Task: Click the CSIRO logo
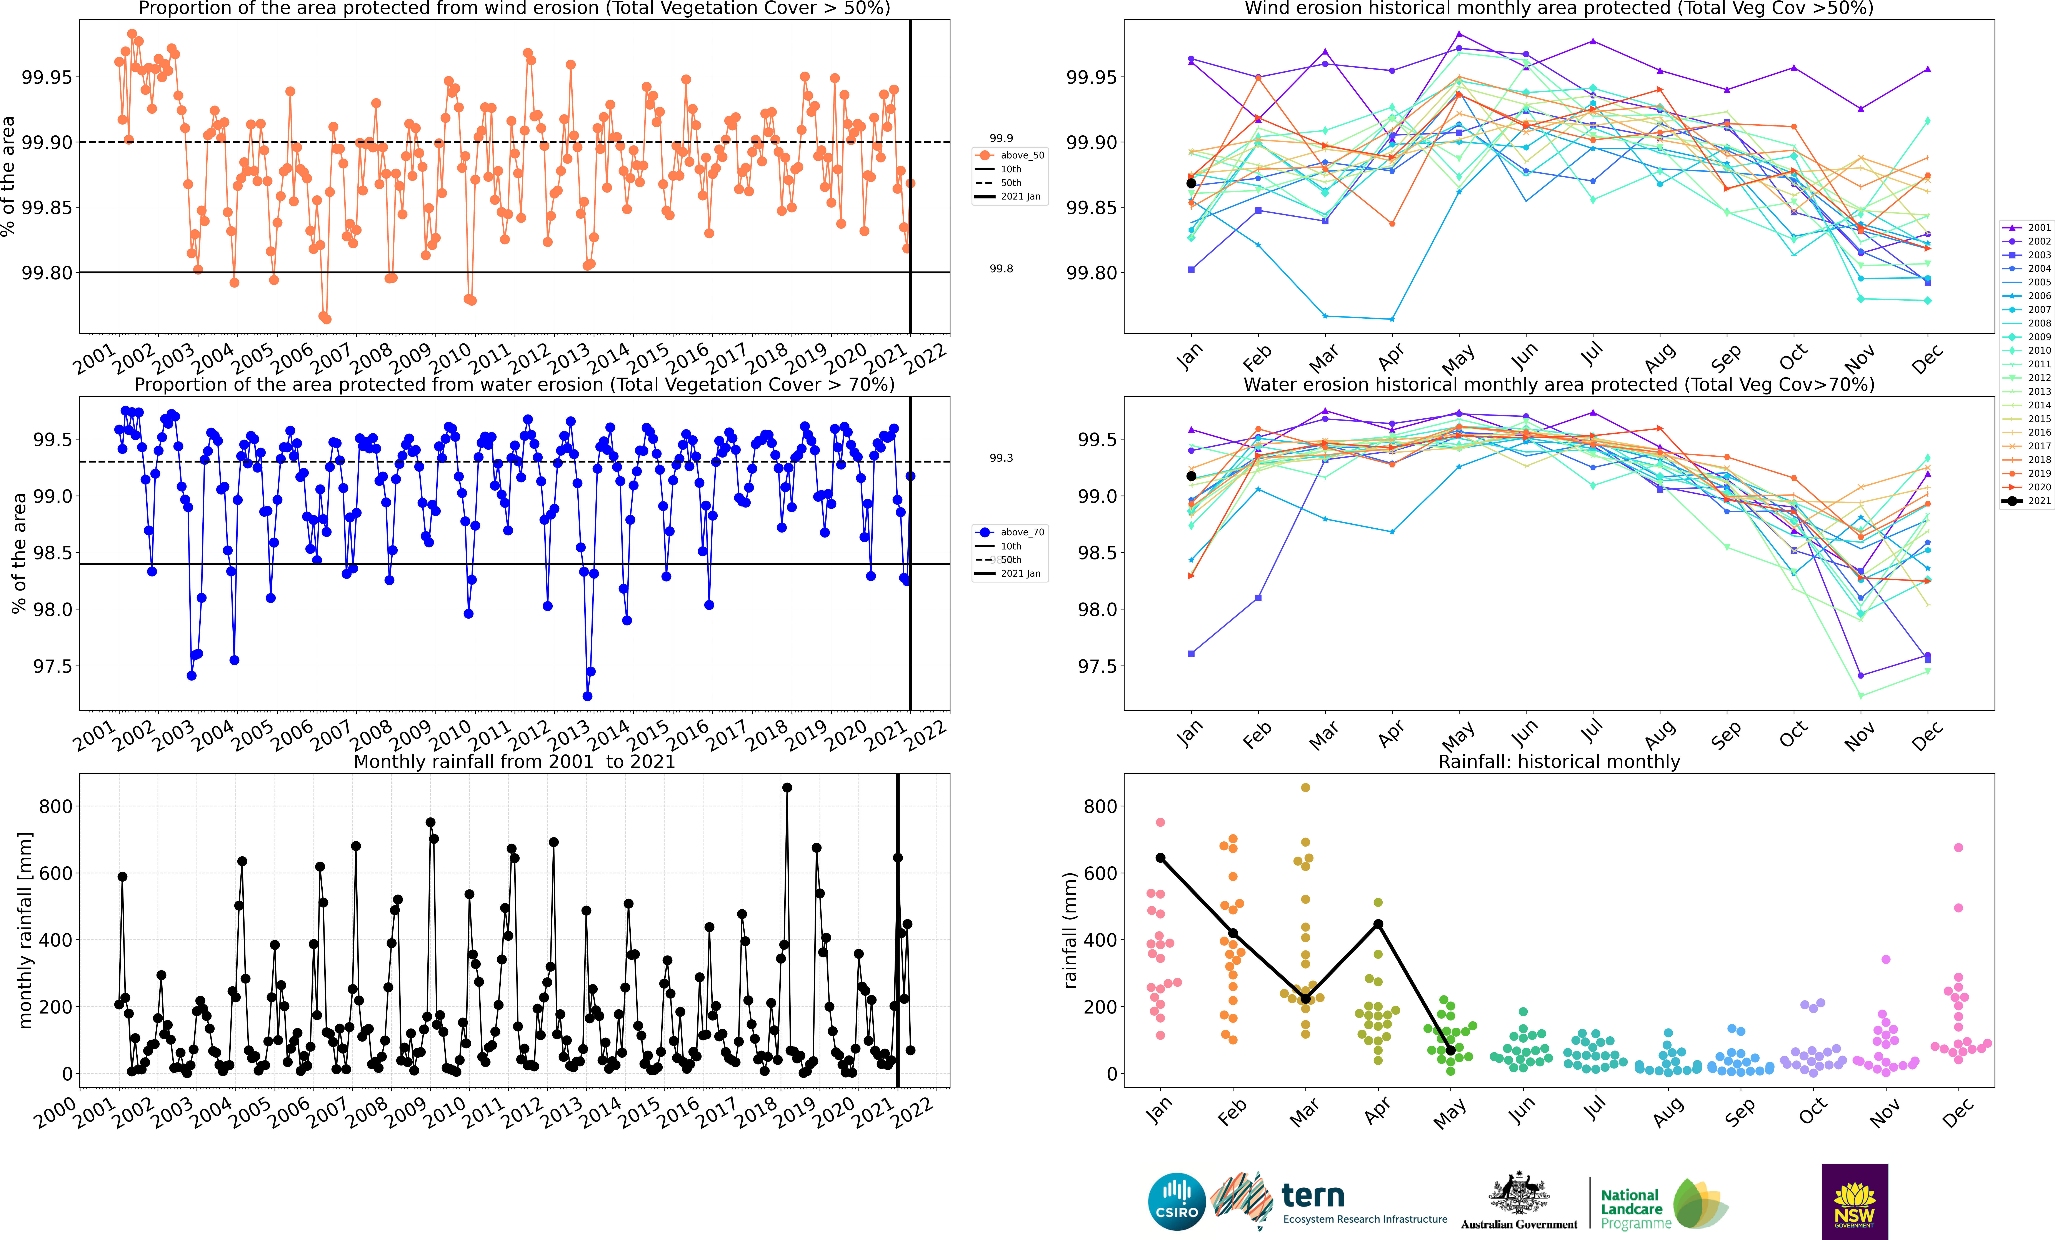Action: (1177, 1202)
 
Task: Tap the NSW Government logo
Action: (1854, 1202)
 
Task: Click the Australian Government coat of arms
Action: (1519, 1193)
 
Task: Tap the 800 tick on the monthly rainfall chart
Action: (56, 806)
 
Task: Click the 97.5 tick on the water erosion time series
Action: (56, 666)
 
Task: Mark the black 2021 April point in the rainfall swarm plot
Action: (1378, 924)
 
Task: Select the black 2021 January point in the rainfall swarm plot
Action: (1160, 858)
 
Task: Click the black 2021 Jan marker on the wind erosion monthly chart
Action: (1191, 183)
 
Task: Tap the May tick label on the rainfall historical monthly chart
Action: (1450, 1114)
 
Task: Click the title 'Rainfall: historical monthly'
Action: (1559, 761)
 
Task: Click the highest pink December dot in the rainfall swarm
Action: (1958, 847)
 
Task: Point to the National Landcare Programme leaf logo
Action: (1700, 1203)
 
